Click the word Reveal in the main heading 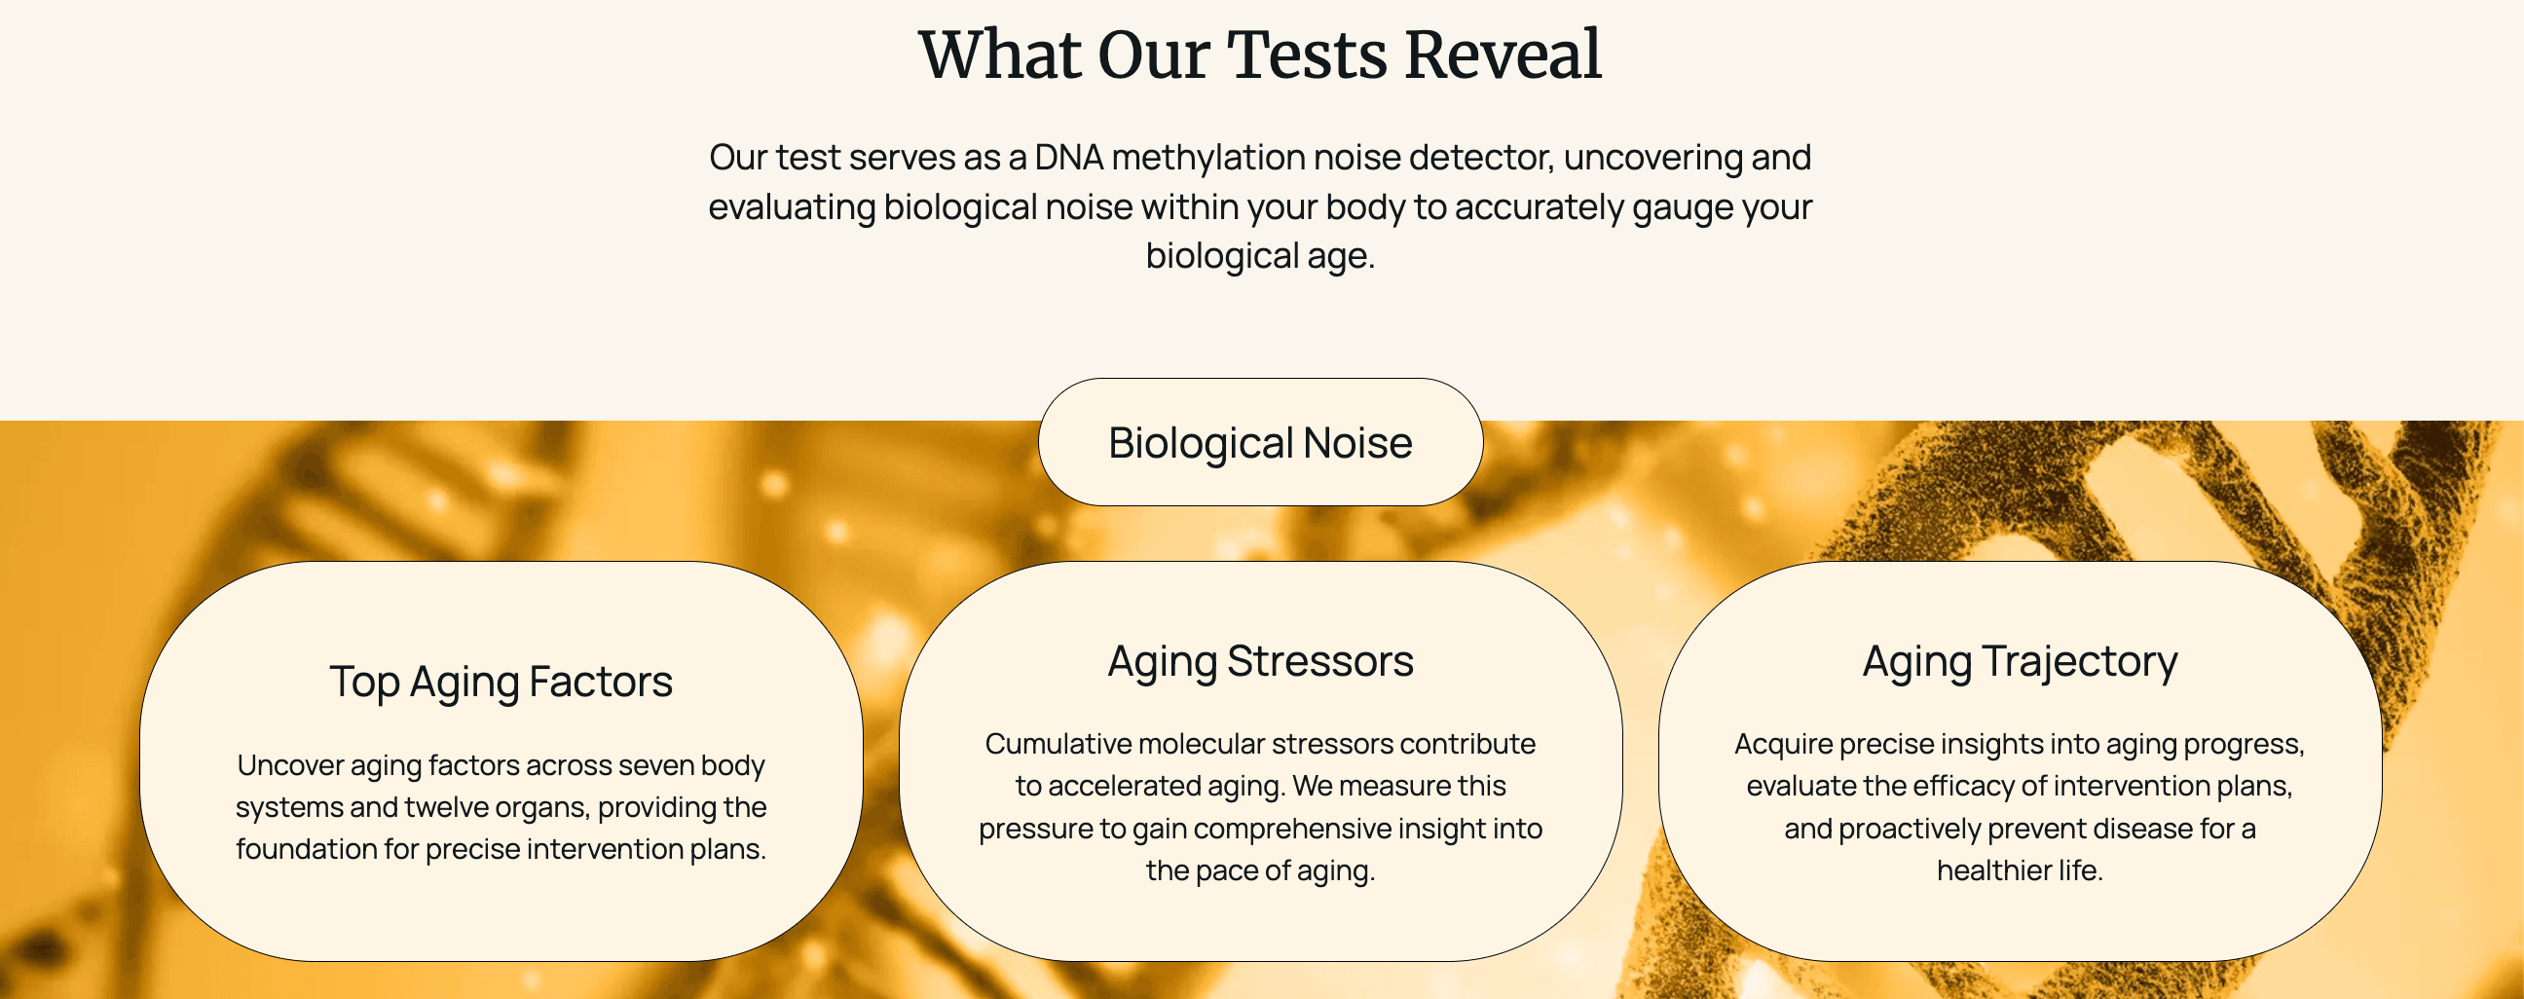[1503, 55]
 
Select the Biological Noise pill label [1260, 443]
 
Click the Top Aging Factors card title [501, 682]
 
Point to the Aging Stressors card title [1260, 662]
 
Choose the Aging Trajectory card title [2020, 662]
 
